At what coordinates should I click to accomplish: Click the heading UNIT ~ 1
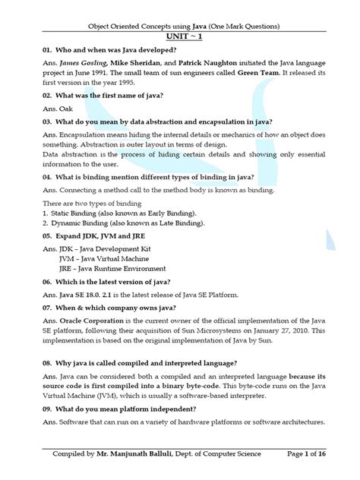click(179, 36)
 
